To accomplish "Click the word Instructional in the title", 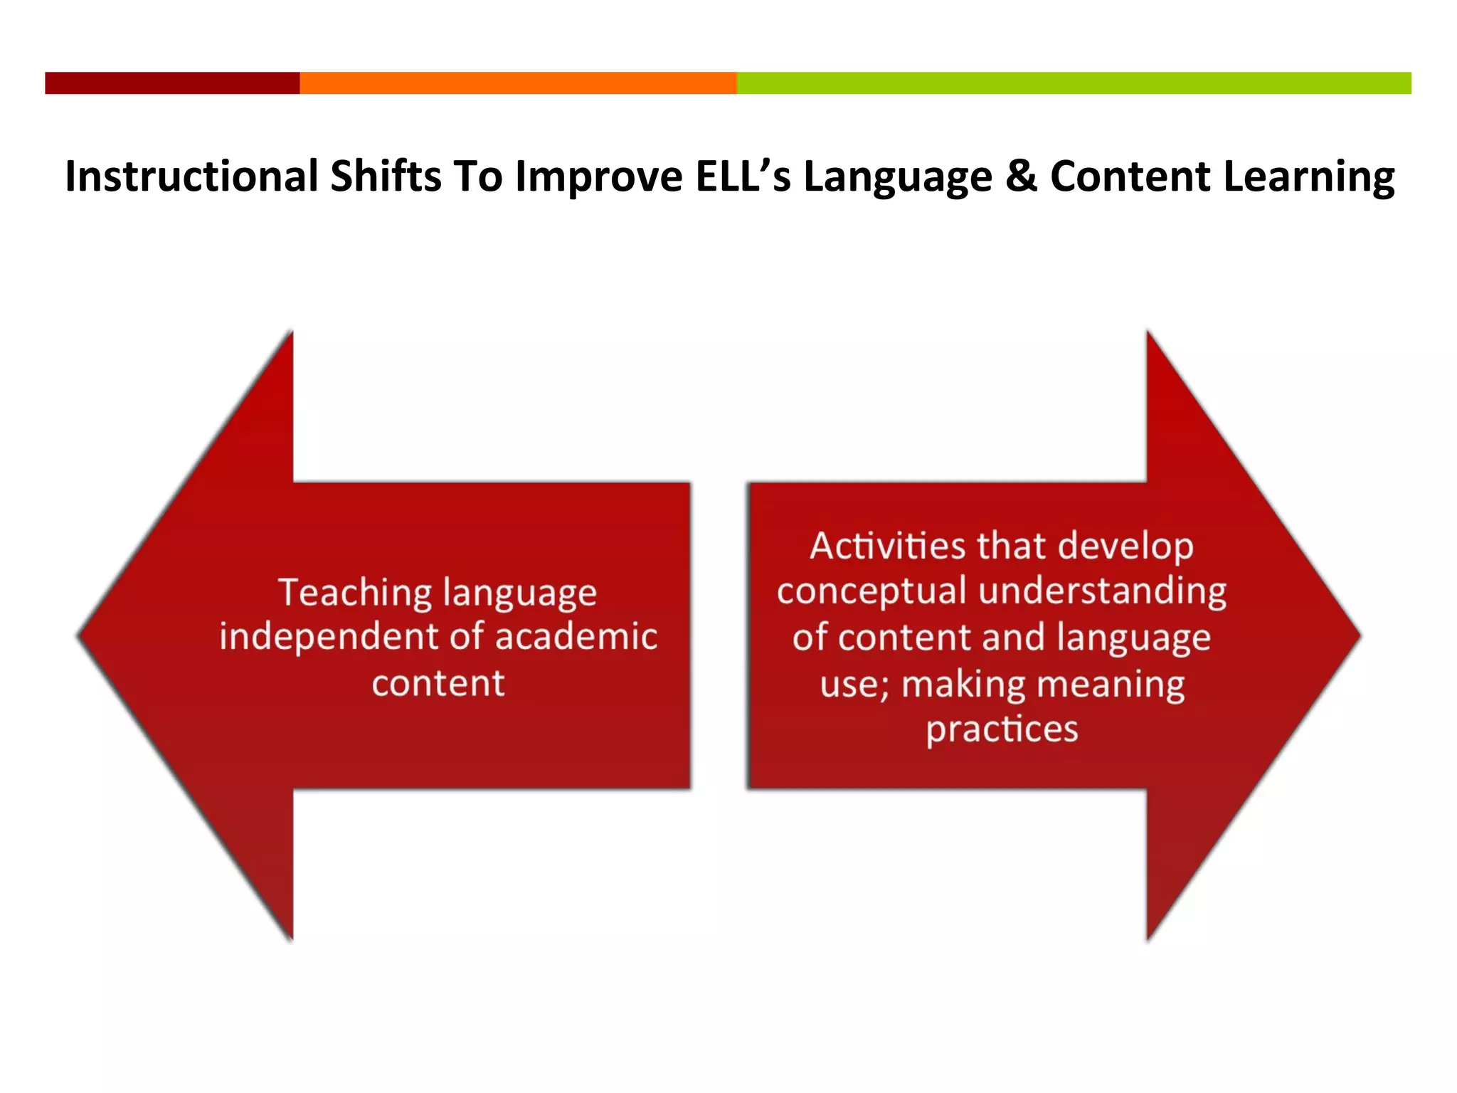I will [x=192, y=176].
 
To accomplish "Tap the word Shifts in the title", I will [x=386, y=176].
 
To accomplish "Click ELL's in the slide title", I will [x=743, y=176].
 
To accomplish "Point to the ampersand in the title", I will [x=1021, y=176].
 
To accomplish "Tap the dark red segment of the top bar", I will [x=172, y=83].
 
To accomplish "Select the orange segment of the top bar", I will [x=518, y=83].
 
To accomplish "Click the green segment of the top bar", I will [x=1074, y=83].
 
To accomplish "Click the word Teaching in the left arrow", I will [x=355, y=592].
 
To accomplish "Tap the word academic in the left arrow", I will [x=576, y=636].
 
